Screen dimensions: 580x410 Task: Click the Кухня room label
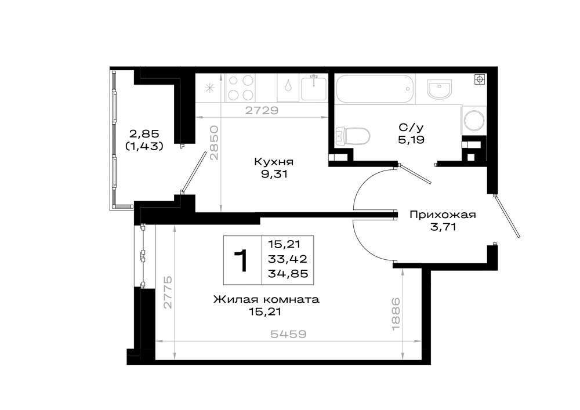tap(274, 162)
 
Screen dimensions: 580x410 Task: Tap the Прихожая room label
tap(443, 215)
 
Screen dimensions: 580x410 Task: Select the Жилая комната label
tap(266, 299)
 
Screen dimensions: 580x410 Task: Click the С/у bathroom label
tap(411, 128)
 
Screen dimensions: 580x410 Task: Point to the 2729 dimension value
tap(262, 110)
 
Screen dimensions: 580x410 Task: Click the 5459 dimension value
tap(288, 334)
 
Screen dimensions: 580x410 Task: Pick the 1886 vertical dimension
tap(396, 314)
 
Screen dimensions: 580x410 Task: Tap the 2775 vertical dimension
tap(168, 292)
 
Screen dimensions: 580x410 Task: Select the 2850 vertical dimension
tap(215, 142)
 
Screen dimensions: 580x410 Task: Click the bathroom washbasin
tap(439, 89)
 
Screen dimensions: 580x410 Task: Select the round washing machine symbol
tap(474, 120)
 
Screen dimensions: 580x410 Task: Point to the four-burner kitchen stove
tap(241, 88)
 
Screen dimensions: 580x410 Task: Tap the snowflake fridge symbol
tap(210, 88)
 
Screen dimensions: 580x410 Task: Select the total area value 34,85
tap(288, 274)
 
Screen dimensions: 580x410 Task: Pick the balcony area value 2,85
tap(144, 133)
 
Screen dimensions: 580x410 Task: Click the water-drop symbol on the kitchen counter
tap(288, 86)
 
